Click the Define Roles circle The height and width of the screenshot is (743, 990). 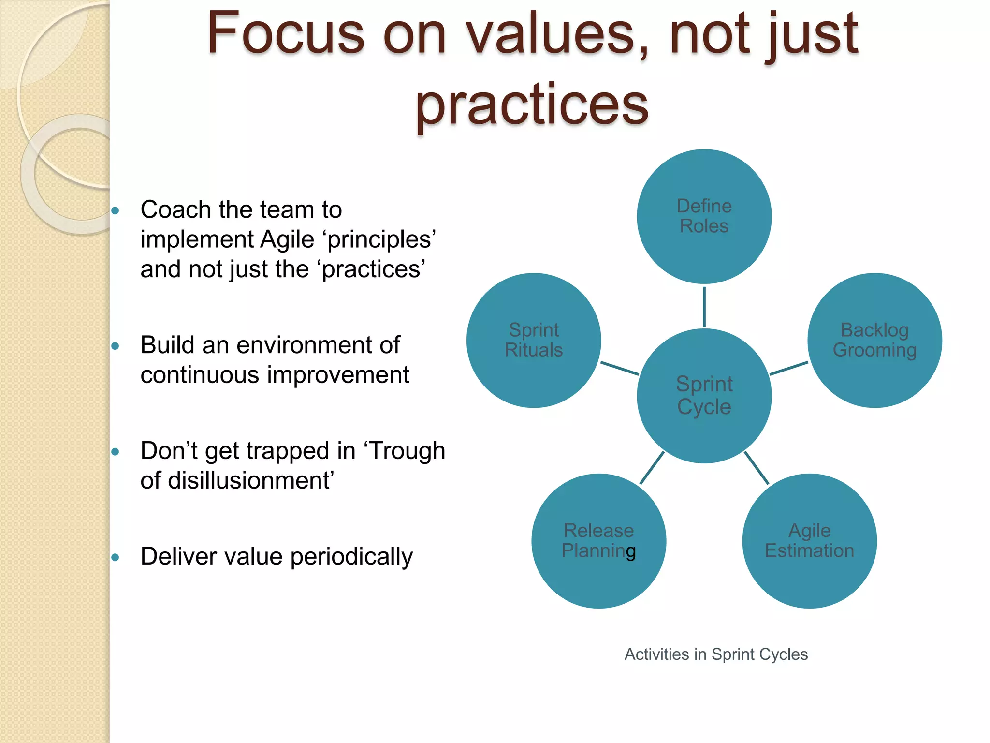coord(704,216)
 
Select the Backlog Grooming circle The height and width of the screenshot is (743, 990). coord(874,340)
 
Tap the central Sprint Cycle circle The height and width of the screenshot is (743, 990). coord(704,396)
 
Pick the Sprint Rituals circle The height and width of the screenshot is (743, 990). coord(534,340)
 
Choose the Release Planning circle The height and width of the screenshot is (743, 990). coord(598,541)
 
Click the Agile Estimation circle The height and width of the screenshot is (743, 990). coord(809,541)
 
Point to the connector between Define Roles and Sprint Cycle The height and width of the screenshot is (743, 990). coord(704,307)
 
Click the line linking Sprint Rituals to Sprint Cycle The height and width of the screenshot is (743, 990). coord(619,368)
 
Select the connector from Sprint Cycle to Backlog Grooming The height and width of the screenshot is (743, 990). coord(788,368)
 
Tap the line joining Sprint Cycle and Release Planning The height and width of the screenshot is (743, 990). coord(652,468)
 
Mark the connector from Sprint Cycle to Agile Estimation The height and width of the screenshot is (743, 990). coord(757,468)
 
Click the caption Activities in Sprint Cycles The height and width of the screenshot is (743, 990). coord(716,654)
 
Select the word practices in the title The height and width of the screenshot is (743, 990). coord(532,104)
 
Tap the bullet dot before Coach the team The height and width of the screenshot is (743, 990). coord(115,210)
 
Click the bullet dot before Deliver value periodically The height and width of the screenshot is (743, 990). coord(115,557)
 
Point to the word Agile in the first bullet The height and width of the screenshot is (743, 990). coord(287,239)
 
